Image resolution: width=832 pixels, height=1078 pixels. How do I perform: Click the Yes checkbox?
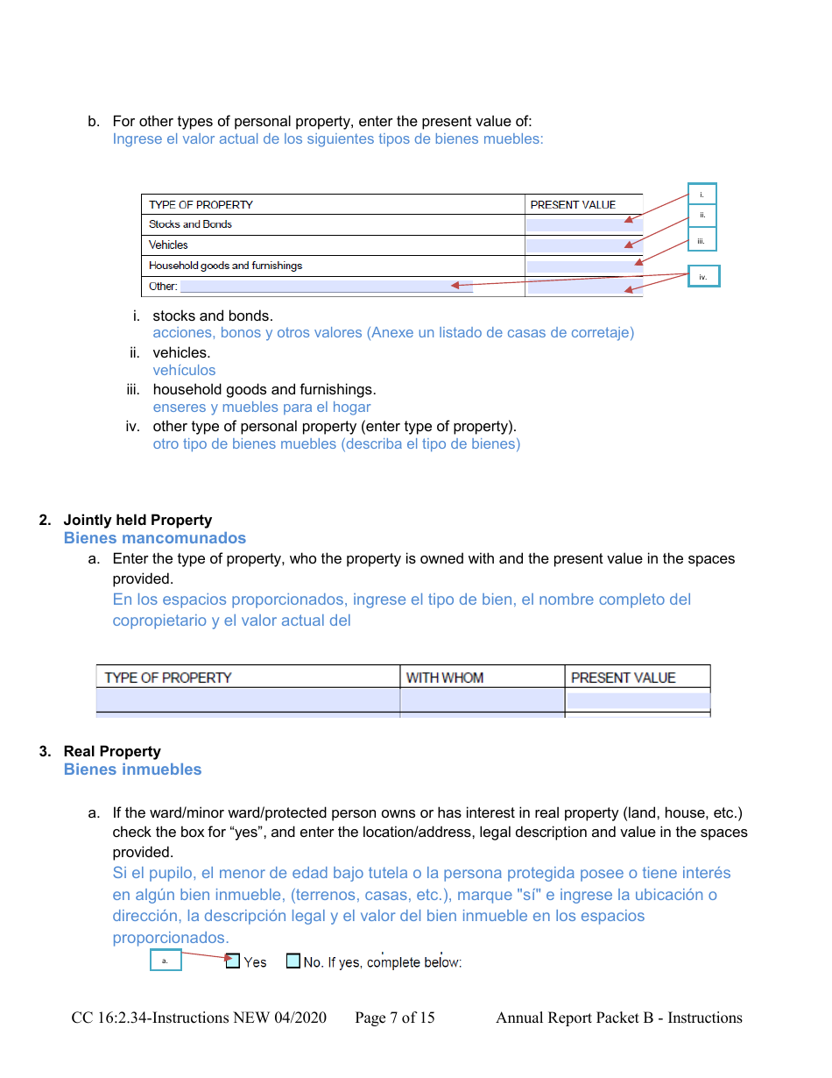click(x=233, y=961)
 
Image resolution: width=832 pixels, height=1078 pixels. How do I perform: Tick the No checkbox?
click(x=293, y=961)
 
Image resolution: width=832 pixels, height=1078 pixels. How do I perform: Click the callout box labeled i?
click(x=702, y=195)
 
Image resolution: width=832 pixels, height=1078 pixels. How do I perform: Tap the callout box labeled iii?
click(x=702, y=239)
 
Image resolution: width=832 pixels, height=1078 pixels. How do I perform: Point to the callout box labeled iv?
click(x=702, y=276)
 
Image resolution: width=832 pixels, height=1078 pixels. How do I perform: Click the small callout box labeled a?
click(x=165, y=961)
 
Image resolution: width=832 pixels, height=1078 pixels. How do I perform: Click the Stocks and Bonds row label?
click(x=190, y=224)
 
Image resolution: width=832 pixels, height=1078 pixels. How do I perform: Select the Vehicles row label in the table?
click(x=168, y=245)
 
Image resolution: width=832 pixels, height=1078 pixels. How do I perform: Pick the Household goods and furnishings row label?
click(x=225, y=266)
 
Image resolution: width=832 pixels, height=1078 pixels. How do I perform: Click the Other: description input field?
click(x=326, y=287)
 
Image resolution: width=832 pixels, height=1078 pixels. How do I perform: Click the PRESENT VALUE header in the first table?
click(x=573, y=205)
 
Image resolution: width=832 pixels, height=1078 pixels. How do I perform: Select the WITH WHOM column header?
click(x=445, y=677)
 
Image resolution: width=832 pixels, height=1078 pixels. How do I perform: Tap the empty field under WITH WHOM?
click(x=482, y=700)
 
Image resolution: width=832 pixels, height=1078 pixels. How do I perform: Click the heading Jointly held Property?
click(x=137, y=520)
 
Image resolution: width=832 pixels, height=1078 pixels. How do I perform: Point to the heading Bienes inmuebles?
click(x=132, y=769)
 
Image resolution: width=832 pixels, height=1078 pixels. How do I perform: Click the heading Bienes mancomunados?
click(x=154, y=538)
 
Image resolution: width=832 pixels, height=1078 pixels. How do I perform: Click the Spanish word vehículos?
click(x=184, y=370)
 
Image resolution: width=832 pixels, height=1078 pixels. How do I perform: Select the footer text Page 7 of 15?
click(x=394, y=1018)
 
